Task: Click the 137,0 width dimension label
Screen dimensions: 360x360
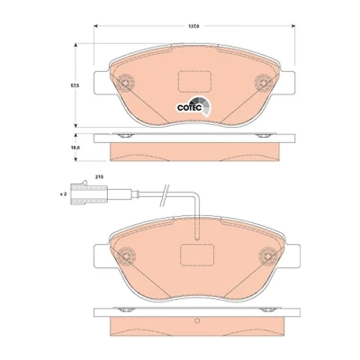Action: coord(193,26)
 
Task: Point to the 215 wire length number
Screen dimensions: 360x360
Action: coord(99,177)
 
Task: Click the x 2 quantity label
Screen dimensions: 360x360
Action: coord(63,194)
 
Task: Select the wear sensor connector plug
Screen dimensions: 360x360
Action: coord(89,194)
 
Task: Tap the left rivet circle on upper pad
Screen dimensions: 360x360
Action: coord(125,82)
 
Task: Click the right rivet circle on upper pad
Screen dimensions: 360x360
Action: coord(264,82)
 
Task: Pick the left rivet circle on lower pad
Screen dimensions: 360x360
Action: coord(127,256)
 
